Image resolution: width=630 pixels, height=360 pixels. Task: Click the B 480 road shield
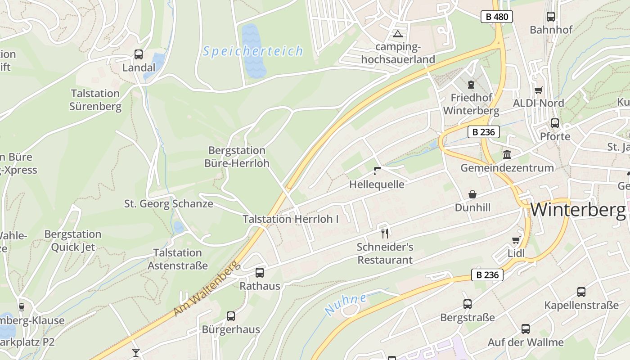click(x=497, y=17)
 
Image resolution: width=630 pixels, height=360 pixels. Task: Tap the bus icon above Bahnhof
click(x=550, y=17)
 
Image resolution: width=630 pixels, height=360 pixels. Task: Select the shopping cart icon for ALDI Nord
click(x=538, y=90)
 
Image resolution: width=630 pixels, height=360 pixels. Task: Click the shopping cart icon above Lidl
click(x=516, y=240)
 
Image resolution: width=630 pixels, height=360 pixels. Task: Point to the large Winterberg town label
click(x=578, y=210)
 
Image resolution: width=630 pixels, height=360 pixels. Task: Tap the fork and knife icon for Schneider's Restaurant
click(x=384, y=233)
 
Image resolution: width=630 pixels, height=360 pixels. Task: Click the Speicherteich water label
click(x=253, y=51)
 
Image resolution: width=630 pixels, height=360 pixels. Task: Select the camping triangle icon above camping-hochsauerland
click(x=397, y=34)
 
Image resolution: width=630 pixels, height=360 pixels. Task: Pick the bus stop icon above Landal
click(x=139, y=54)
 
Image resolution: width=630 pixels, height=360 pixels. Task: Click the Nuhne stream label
click(x=345, y=305)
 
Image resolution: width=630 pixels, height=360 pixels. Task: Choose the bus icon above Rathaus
click(x=260, y=272)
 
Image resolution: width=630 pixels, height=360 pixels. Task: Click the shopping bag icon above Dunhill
click(x=472, y=194)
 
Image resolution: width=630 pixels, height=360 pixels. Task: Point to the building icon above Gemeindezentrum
click(x=507, y=155)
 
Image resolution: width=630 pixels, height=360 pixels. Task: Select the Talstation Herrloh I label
click(x=290, y=219)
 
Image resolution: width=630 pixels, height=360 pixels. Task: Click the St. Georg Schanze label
click(x=168, y=204)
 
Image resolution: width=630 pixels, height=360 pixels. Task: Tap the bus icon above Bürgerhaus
click(x=231, y=316)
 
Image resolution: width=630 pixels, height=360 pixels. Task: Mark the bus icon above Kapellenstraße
click(x=581, y=292)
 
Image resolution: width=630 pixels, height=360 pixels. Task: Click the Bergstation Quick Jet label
click(x=73, y=241)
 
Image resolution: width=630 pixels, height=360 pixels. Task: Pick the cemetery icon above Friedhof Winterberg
click(x=471, y=84)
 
